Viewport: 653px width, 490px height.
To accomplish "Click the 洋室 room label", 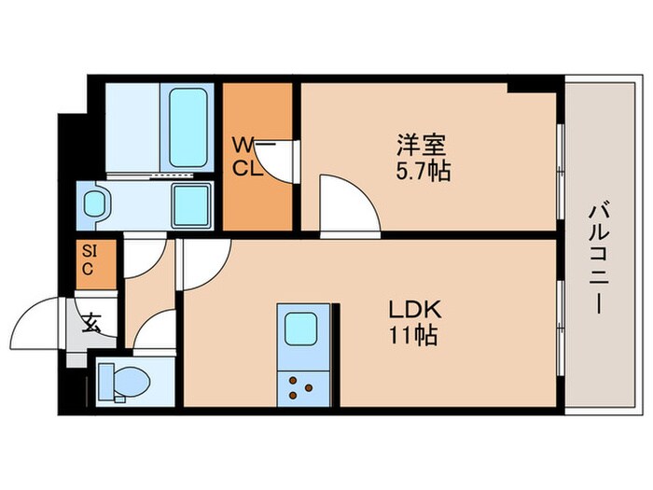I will pos(421,146).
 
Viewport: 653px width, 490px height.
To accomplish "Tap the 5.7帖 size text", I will pos(421,172).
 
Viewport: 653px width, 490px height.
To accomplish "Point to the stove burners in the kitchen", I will pos(300,384).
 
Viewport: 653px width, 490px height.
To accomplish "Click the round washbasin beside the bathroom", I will pos(95,203).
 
